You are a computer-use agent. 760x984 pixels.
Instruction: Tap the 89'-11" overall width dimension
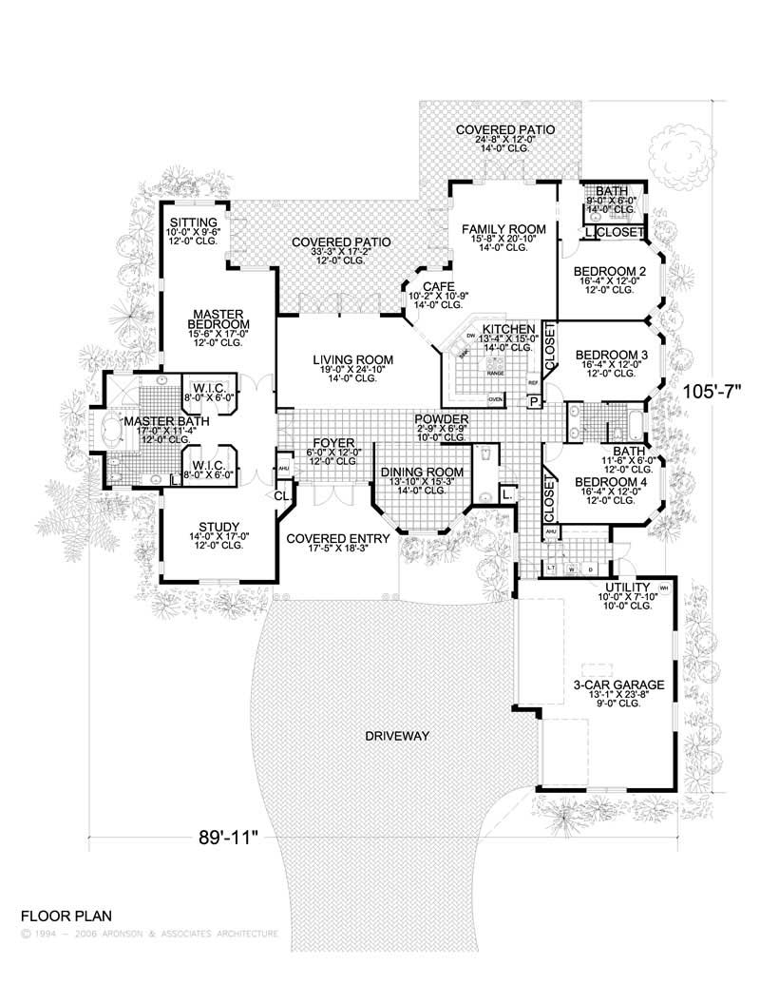click(x=228, y=837)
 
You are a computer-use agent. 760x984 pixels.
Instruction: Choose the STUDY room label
click(x=218, y=528)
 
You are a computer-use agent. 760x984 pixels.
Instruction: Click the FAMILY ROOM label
click(x=503, y=229)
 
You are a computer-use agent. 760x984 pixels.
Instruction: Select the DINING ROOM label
click(x=421, y=472)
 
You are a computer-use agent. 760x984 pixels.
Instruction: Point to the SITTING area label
click(x=194, y=222)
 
